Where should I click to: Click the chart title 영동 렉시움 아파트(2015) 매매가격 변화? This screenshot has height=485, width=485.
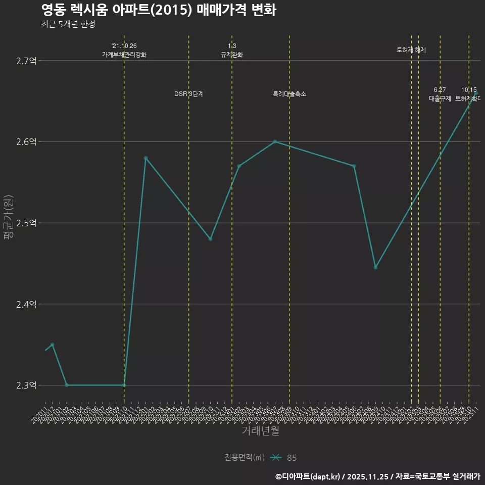[x=158, y=10]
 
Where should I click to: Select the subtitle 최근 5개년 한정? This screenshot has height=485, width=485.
[x=68, y=24]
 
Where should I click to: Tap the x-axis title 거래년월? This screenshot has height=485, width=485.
[x=260, y=430]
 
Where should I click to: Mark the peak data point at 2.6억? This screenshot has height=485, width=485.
[x=275, y=141]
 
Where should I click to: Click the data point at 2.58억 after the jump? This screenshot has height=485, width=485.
[x=145, y=158]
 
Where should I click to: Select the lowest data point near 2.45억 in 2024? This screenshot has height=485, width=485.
[x=375, y=267]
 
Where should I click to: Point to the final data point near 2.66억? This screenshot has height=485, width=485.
[x=475, y=93]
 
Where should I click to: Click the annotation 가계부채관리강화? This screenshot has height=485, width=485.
[x=124, y=55]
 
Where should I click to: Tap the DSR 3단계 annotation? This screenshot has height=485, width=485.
[x=189, y=94]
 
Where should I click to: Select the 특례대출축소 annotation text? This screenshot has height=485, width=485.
[x=289, y=94]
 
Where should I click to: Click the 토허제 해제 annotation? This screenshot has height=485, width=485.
[x=411, y=50]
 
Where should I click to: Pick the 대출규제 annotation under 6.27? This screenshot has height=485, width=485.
[x=440, y=99]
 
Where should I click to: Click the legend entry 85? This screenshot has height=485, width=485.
[x=292, y=458]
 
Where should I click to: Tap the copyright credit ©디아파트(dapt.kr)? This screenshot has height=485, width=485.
[x=308, y=476]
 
